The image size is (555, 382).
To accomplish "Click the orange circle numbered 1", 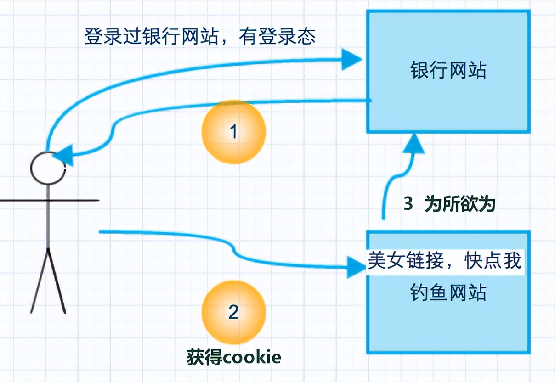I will (x=234, y=132).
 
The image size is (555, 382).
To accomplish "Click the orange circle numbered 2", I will (x=234, y=312).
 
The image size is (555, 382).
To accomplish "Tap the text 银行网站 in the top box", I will (x=448, y=71).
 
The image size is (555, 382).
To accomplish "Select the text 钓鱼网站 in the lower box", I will (x=448, y=292).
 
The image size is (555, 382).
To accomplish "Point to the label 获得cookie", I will (x=234, y=357).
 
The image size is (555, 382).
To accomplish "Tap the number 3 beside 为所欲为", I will (x=408, y=203).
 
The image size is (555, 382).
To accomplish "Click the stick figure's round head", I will (x=48, y=168).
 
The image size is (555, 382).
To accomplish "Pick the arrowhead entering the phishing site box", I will (x=356, y=266).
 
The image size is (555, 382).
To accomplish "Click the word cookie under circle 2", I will (x=258, y=357).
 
